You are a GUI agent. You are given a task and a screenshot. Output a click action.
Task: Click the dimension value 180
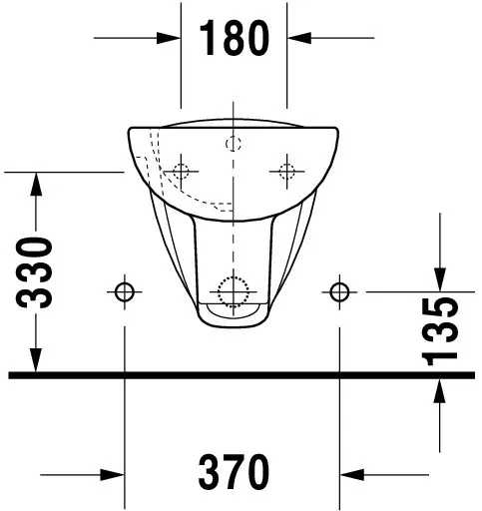pyautogui.click(x=234, y=38)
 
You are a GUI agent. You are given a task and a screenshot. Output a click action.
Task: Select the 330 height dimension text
pyautogui.click(x=37, y=273)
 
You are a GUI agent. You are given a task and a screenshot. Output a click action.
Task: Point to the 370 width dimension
pyautogui.click(x=232, y=469)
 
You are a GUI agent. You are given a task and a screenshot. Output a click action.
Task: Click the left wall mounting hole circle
pyautogui.click(x=124, y=291)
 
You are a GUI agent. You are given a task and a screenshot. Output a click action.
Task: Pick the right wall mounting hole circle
pyautogui.click(x=339, y=291)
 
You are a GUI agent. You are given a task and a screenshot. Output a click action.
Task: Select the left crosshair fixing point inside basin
pyautogui.click(x=181, y=169)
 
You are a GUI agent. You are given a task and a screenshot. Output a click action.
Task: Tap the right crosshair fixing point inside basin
pyautogui.click(x=286, y=169)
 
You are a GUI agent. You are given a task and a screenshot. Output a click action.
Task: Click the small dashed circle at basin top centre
pyautogui.click(x=234, y=142)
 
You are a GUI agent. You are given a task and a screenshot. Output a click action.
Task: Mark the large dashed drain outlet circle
pyautogui.click(x=233, y=290)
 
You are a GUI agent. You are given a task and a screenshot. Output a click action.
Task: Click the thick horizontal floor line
pyautogui.click(x=241, y=375)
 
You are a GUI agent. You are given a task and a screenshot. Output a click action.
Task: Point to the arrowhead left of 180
pyautogui.click(x=170, y=38)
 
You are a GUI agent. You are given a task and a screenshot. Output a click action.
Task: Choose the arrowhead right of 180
pyautogui.click(x=297, y=38)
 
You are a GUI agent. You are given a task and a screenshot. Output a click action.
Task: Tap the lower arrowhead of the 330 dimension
pyautogui.click(x=37, y=363)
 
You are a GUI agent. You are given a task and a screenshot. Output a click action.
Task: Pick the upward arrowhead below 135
pyautogui.click(x=440, y=391)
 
